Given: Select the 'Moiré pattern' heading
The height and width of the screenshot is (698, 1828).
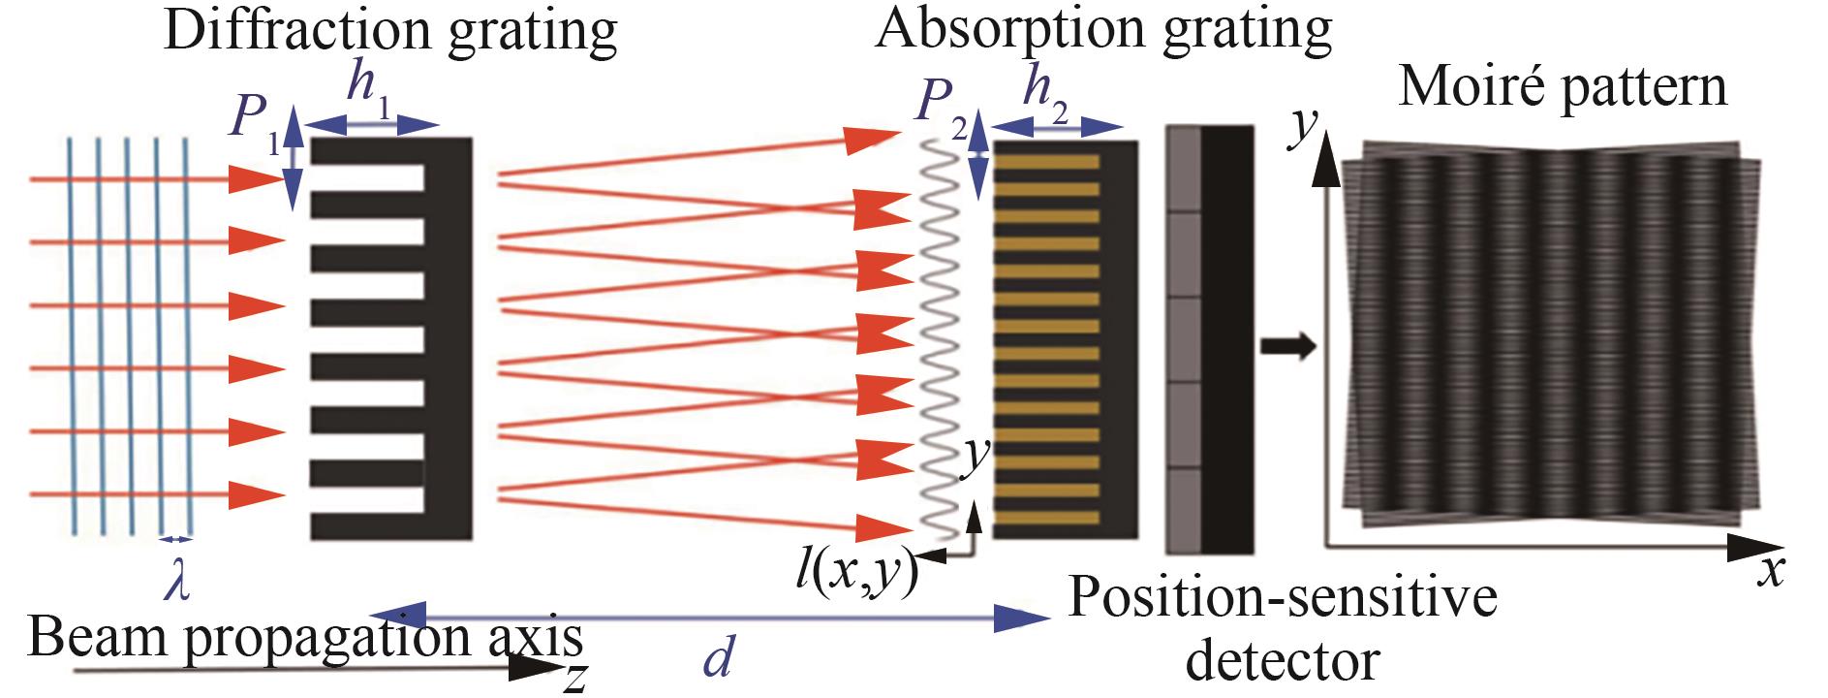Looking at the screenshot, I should pos(1563,87).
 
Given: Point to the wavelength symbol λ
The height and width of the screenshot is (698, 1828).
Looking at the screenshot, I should pos(176,585).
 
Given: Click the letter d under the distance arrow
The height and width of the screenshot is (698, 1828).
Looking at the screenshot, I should pos(717,659).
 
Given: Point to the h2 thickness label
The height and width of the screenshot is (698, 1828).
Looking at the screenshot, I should pos(1051,93).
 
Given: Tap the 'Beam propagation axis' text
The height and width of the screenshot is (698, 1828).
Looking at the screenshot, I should pos(306,638).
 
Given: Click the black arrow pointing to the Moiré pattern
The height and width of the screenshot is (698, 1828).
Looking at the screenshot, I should pos(1289,345).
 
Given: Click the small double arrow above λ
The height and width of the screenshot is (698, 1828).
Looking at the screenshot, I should pos(176,539).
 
